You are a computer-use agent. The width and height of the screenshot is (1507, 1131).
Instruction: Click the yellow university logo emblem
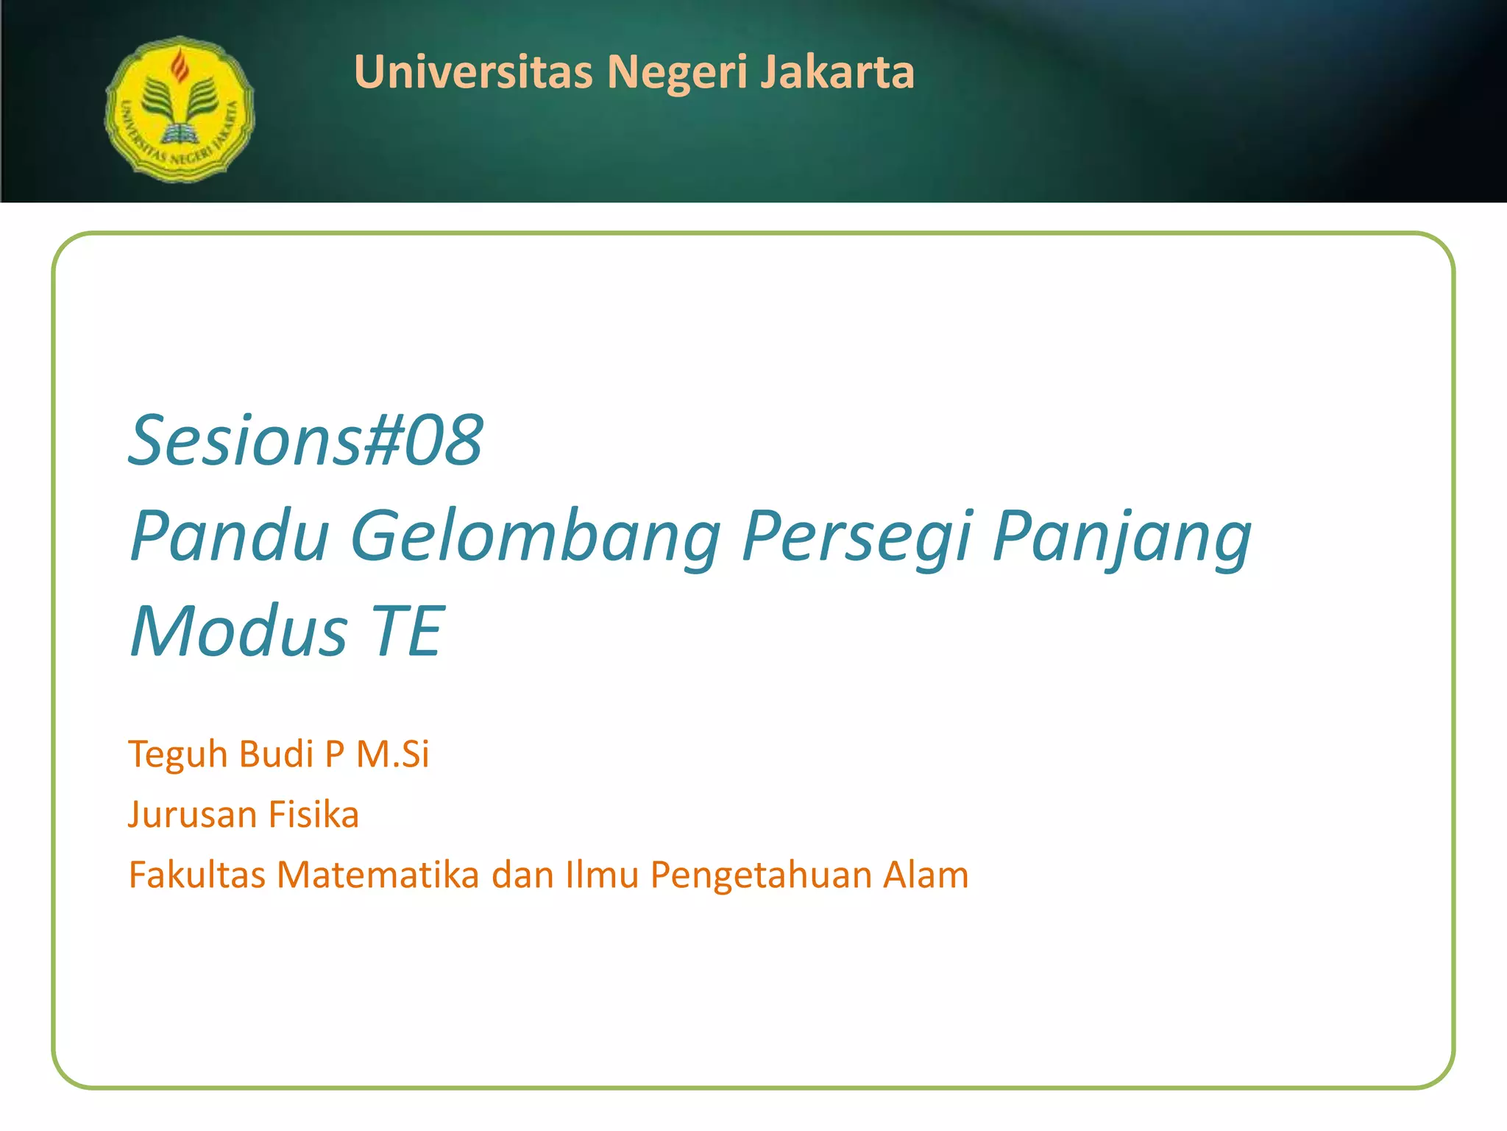180,109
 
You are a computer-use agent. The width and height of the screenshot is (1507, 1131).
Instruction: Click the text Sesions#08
305,440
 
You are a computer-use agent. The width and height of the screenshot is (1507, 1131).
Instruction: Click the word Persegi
857,536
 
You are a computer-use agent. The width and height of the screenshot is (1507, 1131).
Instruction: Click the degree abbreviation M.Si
392,754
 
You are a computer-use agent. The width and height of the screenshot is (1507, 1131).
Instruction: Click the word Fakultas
196,875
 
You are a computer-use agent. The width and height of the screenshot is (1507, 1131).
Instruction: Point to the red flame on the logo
179,66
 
